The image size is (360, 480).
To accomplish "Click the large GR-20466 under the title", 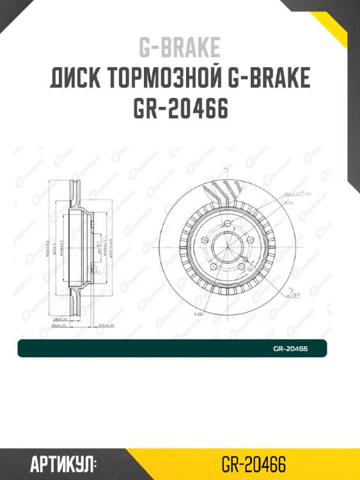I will [x=180, y=109].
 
